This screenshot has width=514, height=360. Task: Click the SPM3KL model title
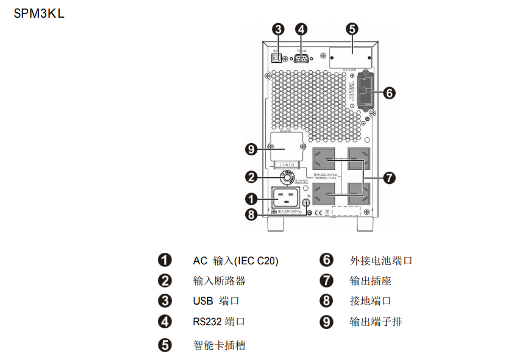tap(39, 13)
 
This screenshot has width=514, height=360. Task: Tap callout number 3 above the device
tap(278, 29)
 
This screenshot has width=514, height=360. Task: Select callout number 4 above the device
tap(301, 29)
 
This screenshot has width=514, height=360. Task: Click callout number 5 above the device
tap(352, 29)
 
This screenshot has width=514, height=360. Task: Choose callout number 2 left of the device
tap(251, 177)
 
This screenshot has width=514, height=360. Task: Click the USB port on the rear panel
tap(276, 58)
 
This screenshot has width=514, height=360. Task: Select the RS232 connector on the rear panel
tap(301, 58)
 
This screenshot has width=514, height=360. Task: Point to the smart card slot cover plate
tap(351, 57)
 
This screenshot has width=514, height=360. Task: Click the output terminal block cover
tap(287, 148)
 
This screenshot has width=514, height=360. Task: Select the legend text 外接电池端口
tap(381, 260)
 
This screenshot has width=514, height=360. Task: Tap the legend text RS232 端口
tap(219, 322)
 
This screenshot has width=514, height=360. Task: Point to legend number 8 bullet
tap(327, 301)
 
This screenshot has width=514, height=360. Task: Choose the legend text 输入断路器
tap(219, 281)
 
